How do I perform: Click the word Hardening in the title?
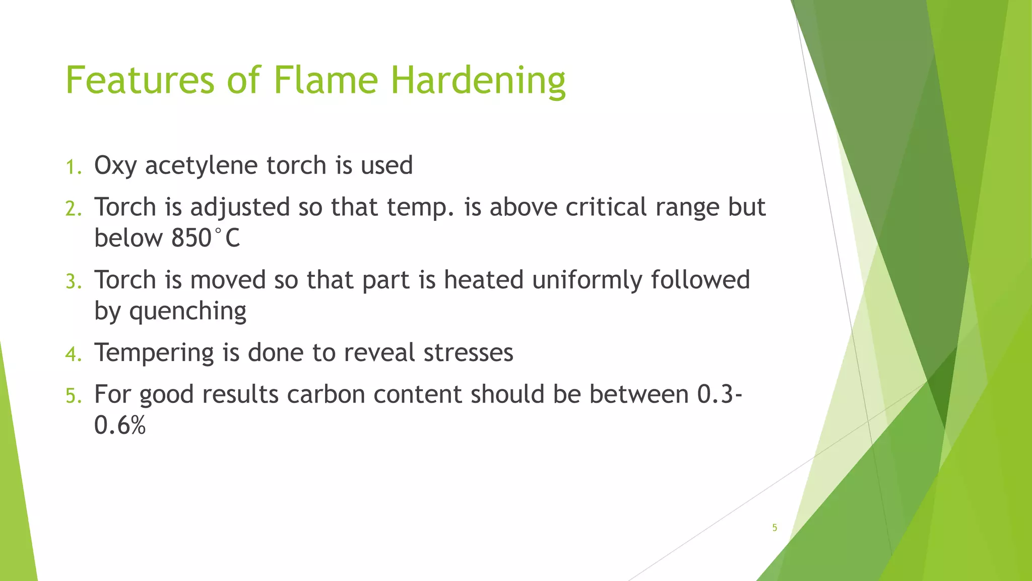point(478,81)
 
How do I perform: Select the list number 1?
point(73,167)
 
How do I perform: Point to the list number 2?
point(73,209)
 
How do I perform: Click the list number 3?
point(73,281)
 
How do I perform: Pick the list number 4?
point(73,354)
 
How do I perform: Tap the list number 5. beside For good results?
point(73,396)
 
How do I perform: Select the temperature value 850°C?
point(206,238)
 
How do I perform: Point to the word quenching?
point(187,311)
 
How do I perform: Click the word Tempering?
point(154,353)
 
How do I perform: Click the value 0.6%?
point(119,425)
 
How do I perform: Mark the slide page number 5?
point(775,528)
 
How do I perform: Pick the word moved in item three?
point(228,280)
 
